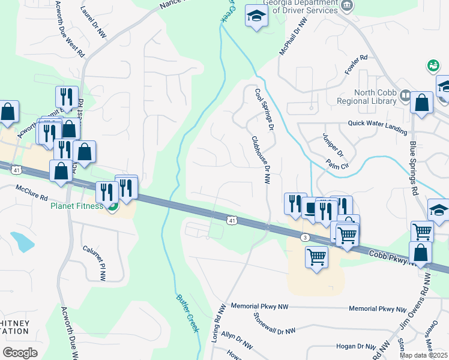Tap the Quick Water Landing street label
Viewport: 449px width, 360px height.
tap(377, 124)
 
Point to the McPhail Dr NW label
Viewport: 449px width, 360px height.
tap(292, 37)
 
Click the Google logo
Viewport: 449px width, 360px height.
tap(20, 352)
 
